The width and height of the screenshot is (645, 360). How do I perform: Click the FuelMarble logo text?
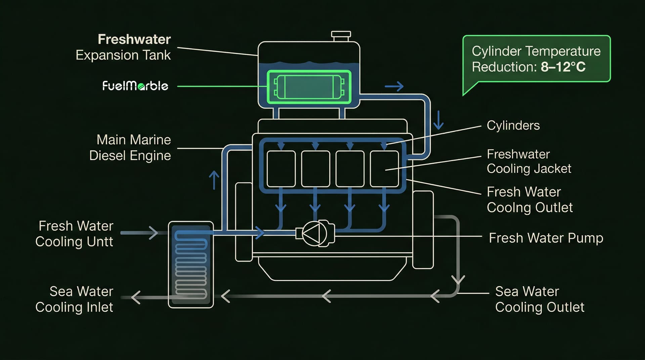tap(135, 86)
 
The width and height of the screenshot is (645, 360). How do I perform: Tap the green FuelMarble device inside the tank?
tap(309, 87)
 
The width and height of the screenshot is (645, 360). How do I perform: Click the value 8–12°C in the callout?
tap(563, 67)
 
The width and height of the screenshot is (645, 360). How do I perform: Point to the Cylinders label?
tap(513, 125)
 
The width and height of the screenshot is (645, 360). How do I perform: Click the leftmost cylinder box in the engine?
tap(281, 169)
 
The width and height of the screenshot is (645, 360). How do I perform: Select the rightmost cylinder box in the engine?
tap(384, 169)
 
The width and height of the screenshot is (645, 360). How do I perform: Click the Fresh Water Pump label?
tap(546, 238)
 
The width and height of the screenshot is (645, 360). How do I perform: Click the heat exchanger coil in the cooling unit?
tap(191, 265)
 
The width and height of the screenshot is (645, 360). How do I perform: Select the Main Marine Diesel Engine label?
tap(130, 147)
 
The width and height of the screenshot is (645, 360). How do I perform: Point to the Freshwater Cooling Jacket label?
tap(529, 161)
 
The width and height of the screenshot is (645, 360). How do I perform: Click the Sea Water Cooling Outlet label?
tap(540, 299)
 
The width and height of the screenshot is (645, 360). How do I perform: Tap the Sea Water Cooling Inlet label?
tap(75, 299)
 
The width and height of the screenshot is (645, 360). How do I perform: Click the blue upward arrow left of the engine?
tap(214, 180)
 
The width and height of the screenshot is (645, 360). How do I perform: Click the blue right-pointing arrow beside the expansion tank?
tap(394, 86)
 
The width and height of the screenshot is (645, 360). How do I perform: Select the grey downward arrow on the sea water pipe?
tap(458, 279)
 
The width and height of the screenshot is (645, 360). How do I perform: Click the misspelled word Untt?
tap(100, 242)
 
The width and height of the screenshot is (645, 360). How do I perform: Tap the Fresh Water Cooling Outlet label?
tap(529, 199)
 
